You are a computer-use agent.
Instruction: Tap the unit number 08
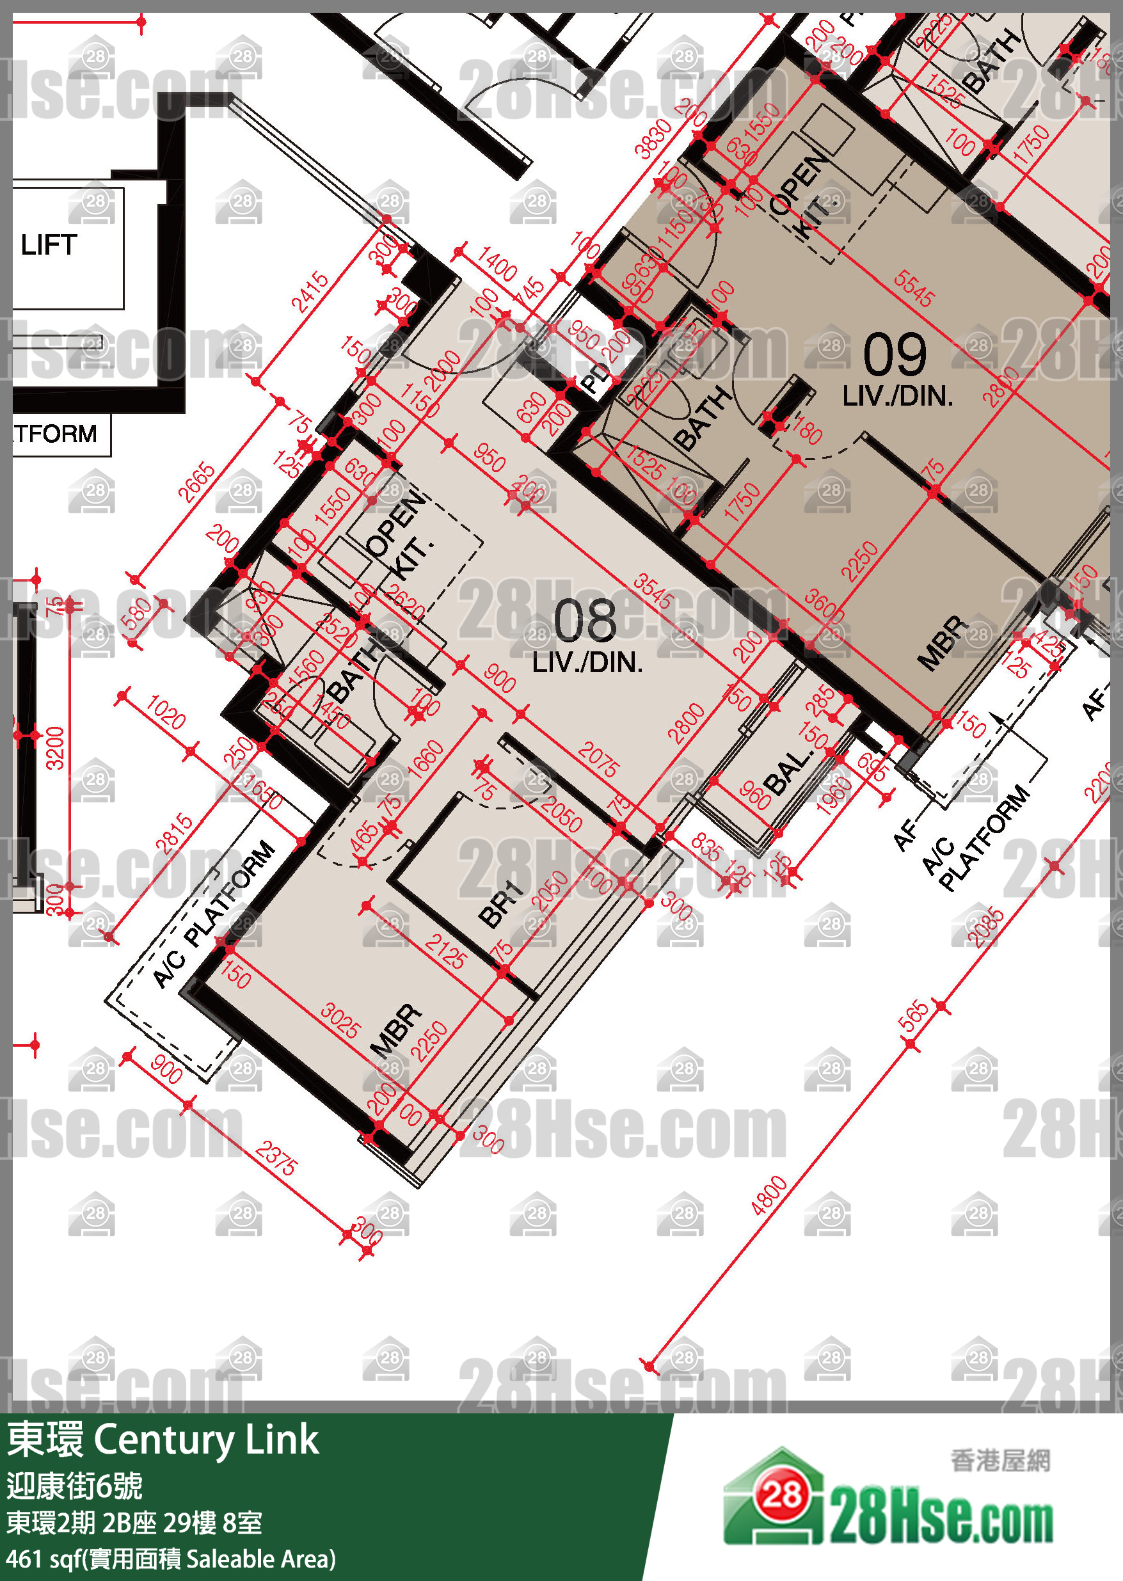click(585, 620)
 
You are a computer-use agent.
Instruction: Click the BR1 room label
click(500, 903)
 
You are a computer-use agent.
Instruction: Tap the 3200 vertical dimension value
click(54, 748)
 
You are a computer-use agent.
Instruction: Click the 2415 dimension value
click(309, 292)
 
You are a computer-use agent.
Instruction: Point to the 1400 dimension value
click(497, 264)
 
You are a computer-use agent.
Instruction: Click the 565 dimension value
click(914, 1015)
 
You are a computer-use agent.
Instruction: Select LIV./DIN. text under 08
click(587, 662)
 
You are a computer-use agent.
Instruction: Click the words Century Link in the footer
click(205, 1440)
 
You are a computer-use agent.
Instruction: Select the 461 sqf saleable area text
click(171, 1559)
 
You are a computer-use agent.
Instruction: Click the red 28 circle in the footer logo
click(781, 1495)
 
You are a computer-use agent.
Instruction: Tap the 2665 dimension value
click(196, 482)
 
